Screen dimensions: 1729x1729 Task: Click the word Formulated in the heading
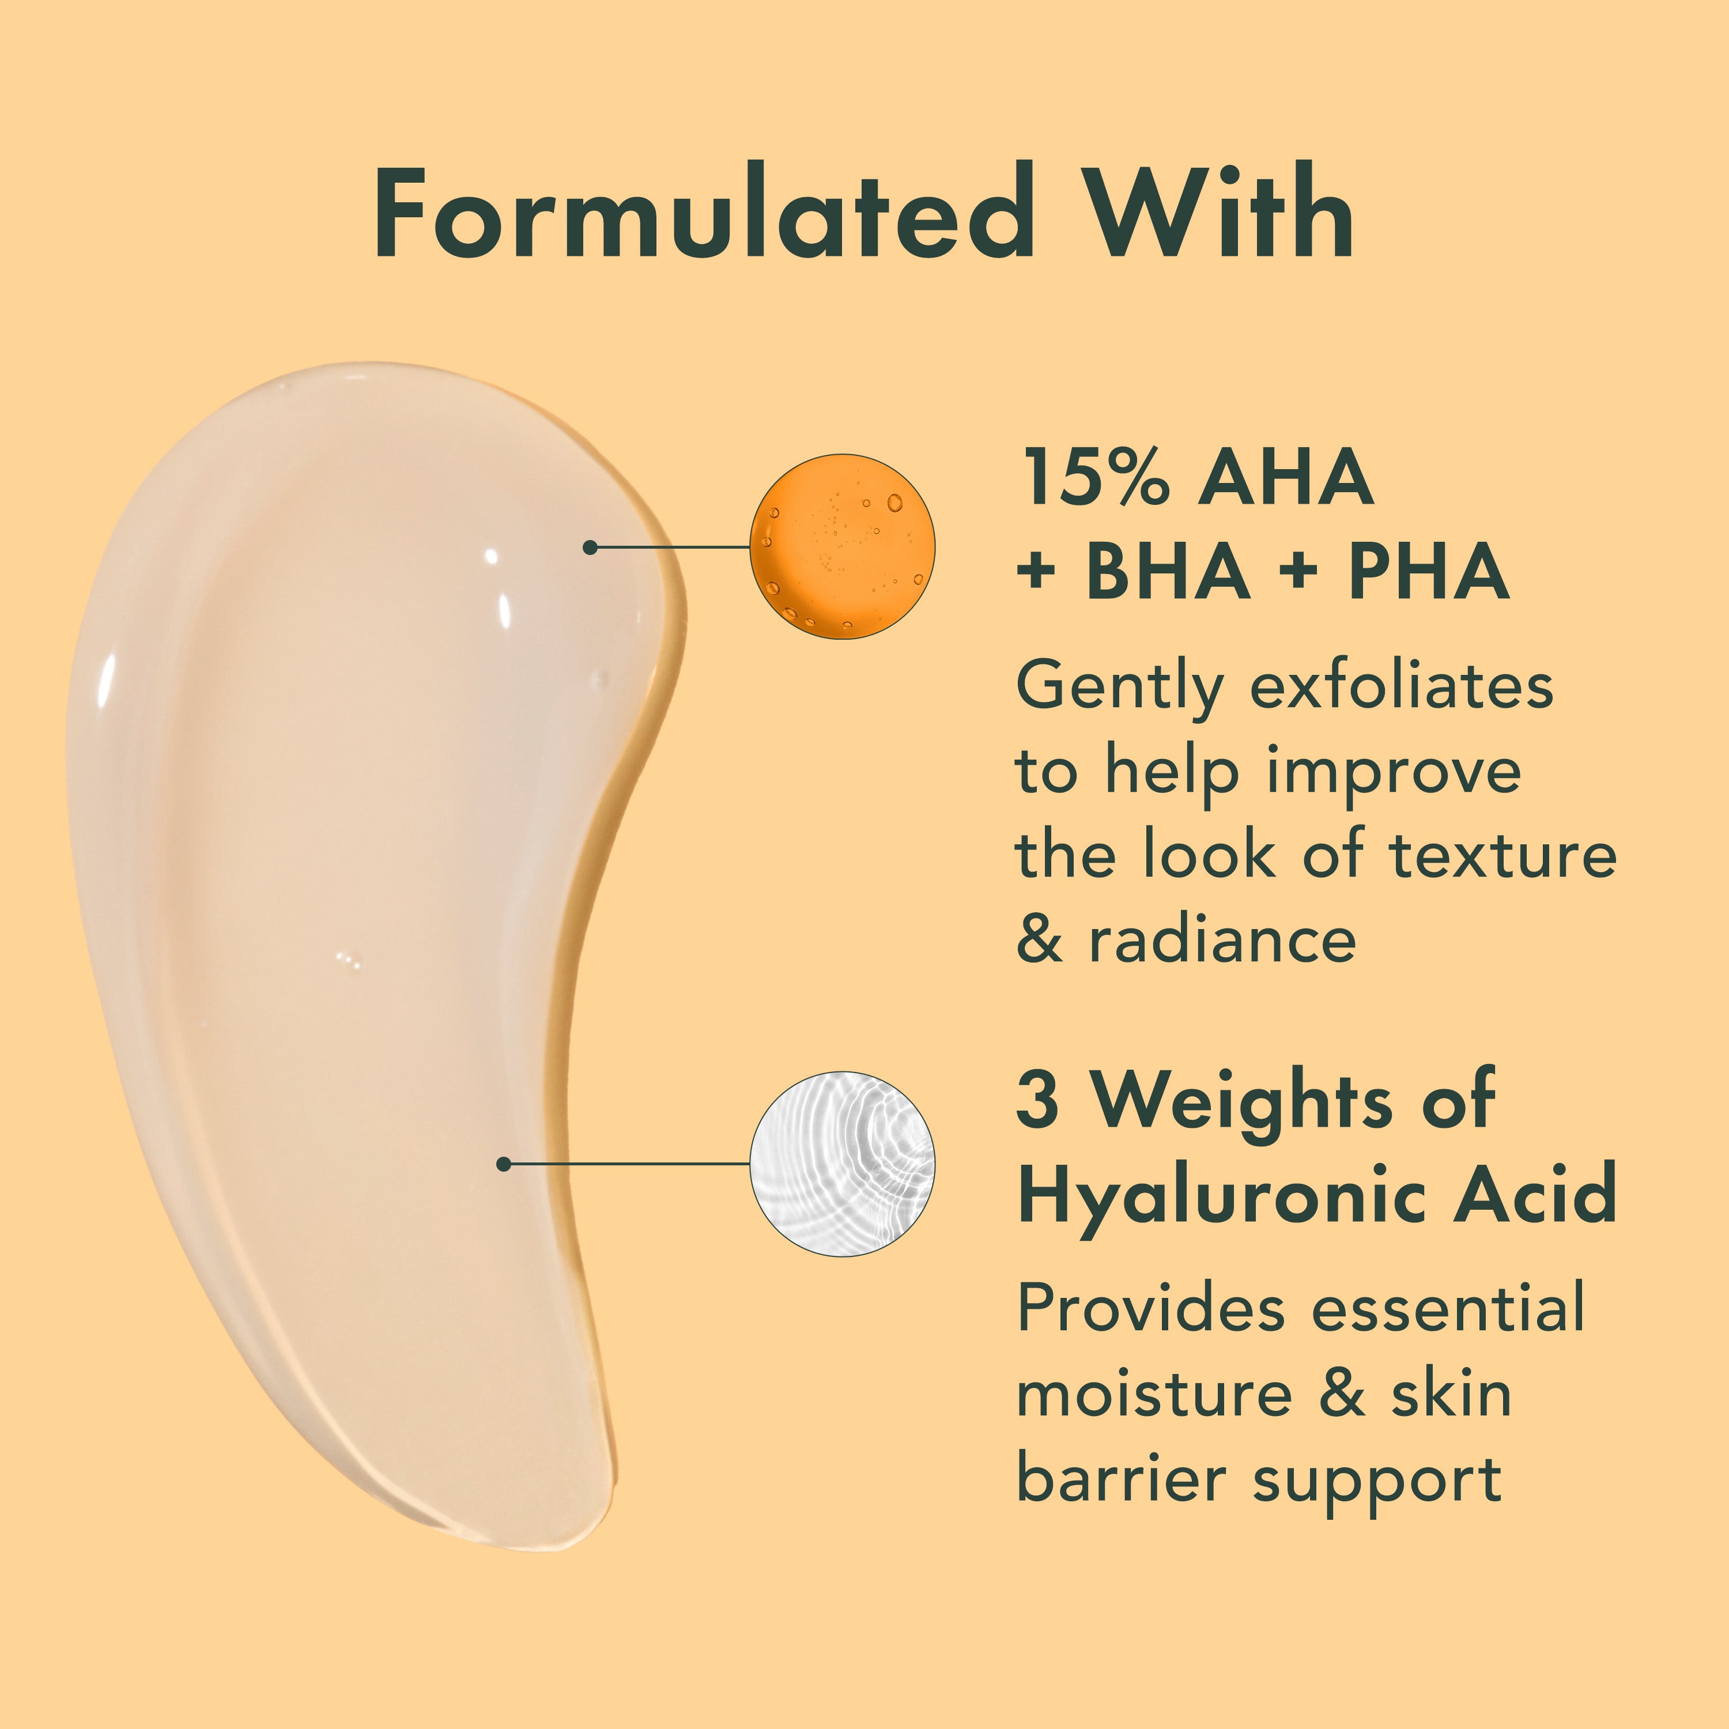(703, 214)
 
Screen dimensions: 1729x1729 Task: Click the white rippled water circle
(841, 1164)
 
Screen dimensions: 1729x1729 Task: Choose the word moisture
(1154, 1394)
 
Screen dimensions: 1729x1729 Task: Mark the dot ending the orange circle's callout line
(590, 547)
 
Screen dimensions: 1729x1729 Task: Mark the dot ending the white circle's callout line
(504, 1164)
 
